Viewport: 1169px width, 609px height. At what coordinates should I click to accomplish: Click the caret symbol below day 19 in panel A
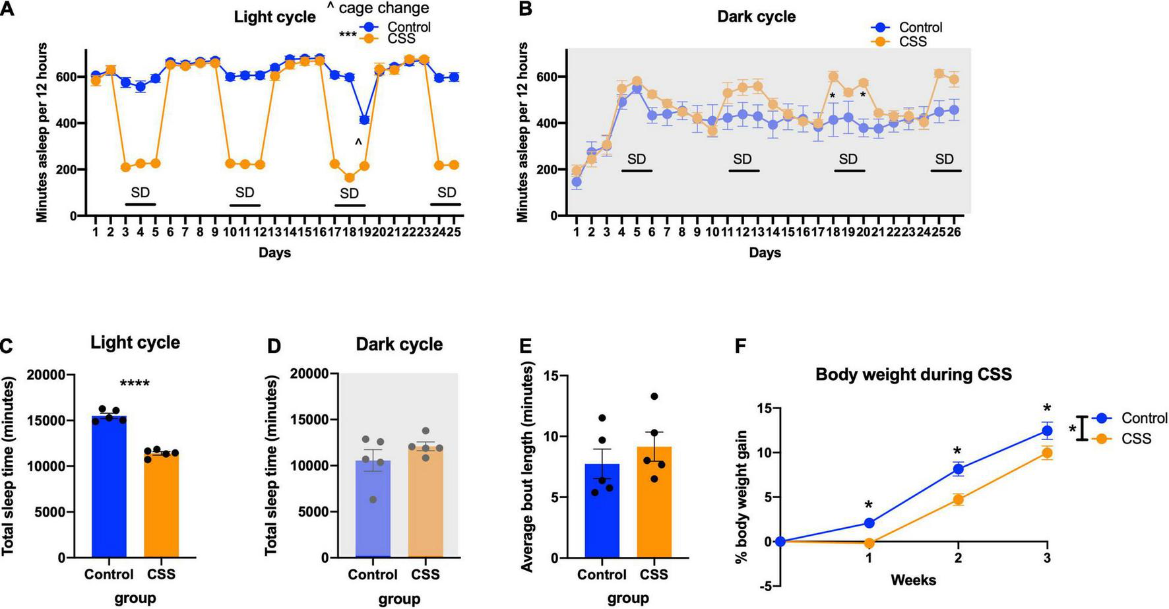(358, 143)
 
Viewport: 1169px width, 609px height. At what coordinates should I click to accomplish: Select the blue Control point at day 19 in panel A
(364, 119)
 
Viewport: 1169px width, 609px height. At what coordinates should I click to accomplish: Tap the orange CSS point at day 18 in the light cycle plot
(349, 177)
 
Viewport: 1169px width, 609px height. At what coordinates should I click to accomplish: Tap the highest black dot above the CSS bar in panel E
(654, 397)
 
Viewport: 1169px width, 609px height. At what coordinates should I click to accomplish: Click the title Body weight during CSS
(913, 375)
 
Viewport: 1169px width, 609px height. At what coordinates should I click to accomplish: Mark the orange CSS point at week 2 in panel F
(958, 499)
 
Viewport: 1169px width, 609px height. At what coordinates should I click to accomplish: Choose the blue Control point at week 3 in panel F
(1047, 431)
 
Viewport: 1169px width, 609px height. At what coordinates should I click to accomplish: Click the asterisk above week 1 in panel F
(869, 505)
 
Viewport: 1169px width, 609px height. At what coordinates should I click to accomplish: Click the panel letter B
(526, 9)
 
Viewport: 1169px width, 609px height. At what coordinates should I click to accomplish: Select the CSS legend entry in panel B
(912, 42)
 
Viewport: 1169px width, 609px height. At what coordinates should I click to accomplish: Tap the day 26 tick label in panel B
(953, 232)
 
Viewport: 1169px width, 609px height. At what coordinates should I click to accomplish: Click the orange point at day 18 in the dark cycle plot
(833, 77)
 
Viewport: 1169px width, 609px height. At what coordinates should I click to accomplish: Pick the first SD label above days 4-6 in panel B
(637, 159)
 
